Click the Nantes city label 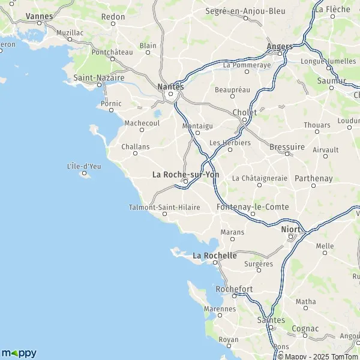click(170, 86)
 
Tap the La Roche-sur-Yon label click(186, 175)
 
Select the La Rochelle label click(214, 256)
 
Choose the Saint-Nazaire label click(98, 77)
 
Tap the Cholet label click(244, 112)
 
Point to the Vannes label click(40, 16)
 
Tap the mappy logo click(19, 352)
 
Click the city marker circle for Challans click(135, 153)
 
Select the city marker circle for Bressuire click(287, 154)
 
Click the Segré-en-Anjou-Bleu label click(245, 11)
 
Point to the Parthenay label click(313, 178)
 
